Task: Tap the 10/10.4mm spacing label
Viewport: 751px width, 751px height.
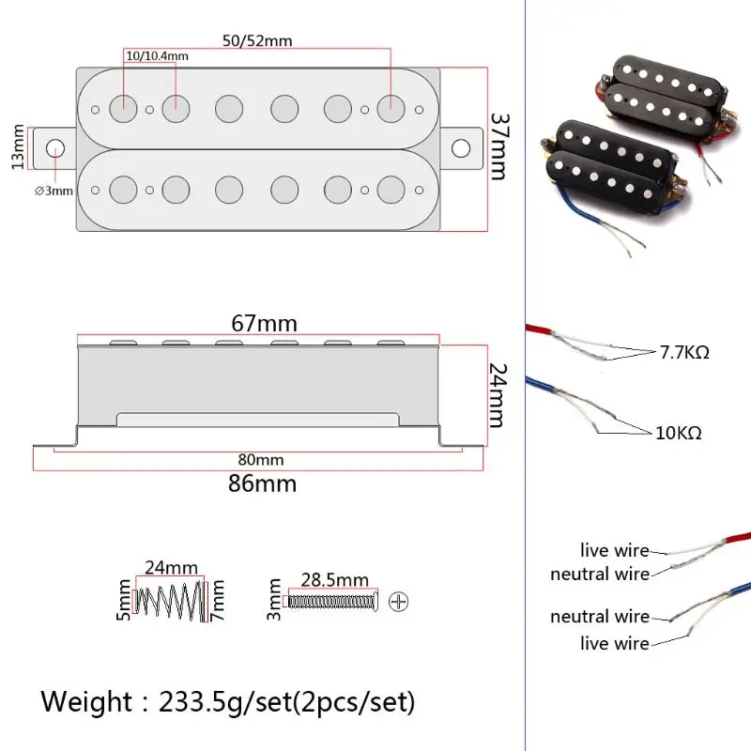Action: point(157,55)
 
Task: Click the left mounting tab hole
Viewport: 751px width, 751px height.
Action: point(55,148)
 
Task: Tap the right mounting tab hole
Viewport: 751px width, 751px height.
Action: point(461,148)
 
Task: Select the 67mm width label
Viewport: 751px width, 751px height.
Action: point(265,324)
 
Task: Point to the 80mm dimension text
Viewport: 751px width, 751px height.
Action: point(260,460)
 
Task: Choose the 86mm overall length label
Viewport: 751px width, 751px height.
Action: point(264,483)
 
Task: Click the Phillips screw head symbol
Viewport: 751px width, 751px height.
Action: point(399,600)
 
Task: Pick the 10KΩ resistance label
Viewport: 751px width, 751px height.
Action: point(679,433)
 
